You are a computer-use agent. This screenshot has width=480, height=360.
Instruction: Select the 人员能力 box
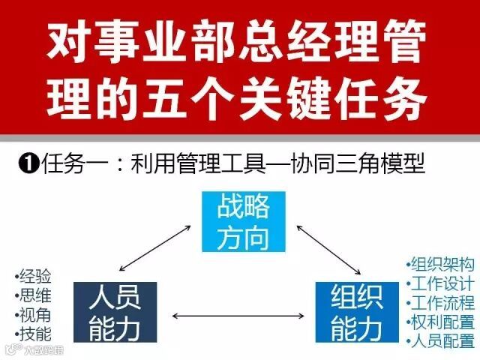[x=115, y=312]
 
